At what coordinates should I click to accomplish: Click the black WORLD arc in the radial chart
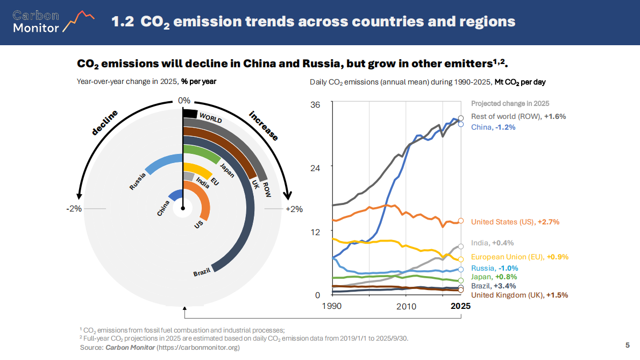190,114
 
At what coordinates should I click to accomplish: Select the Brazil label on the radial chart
201,273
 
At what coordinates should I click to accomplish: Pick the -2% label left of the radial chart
74,209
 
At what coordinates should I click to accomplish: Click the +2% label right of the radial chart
294,209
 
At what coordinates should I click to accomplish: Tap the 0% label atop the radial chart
184,100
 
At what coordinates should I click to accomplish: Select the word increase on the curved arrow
264,125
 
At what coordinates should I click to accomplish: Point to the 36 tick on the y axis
316,104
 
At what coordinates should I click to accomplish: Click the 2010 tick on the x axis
407,306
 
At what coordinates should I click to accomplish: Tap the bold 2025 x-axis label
461,306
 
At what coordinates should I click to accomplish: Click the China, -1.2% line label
493,127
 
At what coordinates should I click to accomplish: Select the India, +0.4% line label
492,243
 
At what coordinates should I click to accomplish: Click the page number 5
627,344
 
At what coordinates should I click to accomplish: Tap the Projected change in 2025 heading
510,103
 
